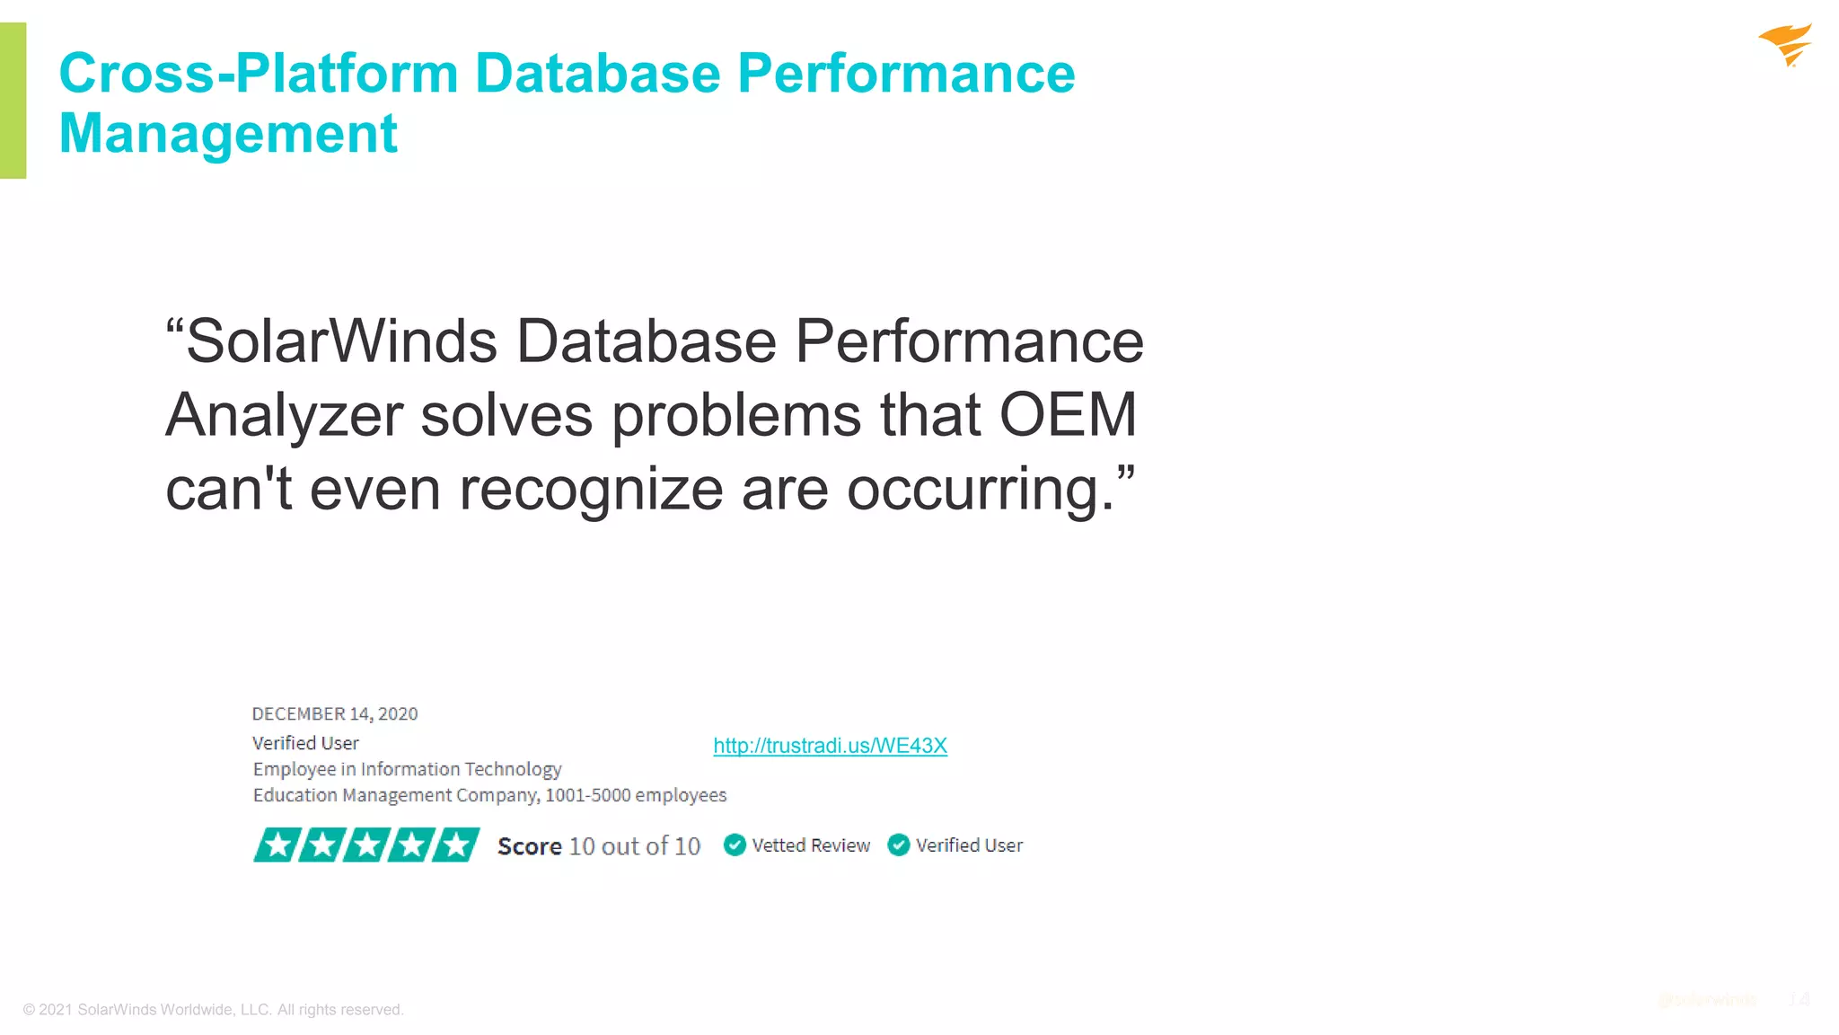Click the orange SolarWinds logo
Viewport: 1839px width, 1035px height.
(1786, 45)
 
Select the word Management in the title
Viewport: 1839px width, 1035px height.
(228, 134)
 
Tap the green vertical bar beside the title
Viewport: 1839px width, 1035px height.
(13, 100)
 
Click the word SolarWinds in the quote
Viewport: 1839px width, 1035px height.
(341, 341)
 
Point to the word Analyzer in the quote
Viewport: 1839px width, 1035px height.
(284, 415)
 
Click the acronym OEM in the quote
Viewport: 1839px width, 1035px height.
(1068, 415)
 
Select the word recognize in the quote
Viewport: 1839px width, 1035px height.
(591, 490)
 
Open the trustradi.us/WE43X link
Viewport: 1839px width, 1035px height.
(830, 746)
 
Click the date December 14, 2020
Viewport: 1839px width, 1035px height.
(335, 714)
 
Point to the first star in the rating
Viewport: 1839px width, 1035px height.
(277, 845)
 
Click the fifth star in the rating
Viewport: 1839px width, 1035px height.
(457, 845)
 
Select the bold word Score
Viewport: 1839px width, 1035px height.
(529, 846)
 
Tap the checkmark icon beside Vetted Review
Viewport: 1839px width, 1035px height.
(735, 845)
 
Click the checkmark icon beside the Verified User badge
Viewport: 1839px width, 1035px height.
(899, 845)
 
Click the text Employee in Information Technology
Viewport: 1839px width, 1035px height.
(407, 769)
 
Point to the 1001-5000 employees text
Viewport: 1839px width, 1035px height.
(636, 795)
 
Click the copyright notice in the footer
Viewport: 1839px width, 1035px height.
(214, 1010)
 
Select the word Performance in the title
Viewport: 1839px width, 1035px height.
(906, 73)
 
